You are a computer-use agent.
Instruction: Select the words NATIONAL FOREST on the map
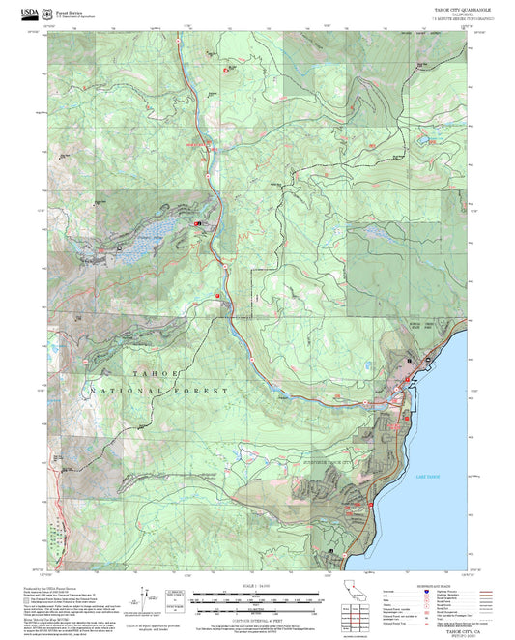point(159,391)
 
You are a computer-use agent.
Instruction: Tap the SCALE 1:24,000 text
point(255,586)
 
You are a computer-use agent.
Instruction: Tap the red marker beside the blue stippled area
point(198,225)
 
